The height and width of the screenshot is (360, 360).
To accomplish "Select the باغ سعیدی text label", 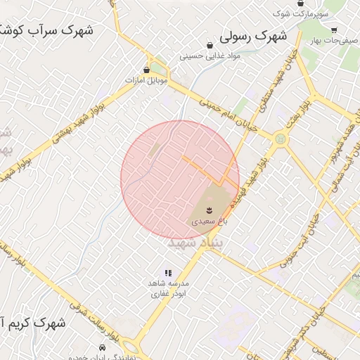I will (x=209, y=221).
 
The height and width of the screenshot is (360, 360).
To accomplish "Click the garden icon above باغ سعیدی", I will (x=209, y=210).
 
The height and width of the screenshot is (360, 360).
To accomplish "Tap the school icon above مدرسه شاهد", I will (x=167, y=273).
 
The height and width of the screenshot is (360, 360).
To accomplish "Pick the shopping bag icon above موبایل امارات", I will (x=146, y=70).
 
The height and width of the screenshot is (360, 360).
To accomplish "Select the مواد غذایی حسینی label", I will (x=210, y=56).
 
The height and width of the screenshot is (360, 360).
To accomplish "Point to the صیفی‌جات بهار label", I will (x=334, y=41).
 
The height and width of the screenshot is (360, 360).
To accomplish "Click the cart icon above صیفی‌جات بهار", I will (x=333, y=30).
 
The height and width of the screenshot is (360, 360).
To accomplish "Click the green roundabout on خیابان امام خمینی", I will (x=281, y=139).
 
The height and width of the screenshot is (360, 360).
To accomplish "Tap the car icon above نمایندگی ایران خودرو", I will (x=103, y=348).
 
